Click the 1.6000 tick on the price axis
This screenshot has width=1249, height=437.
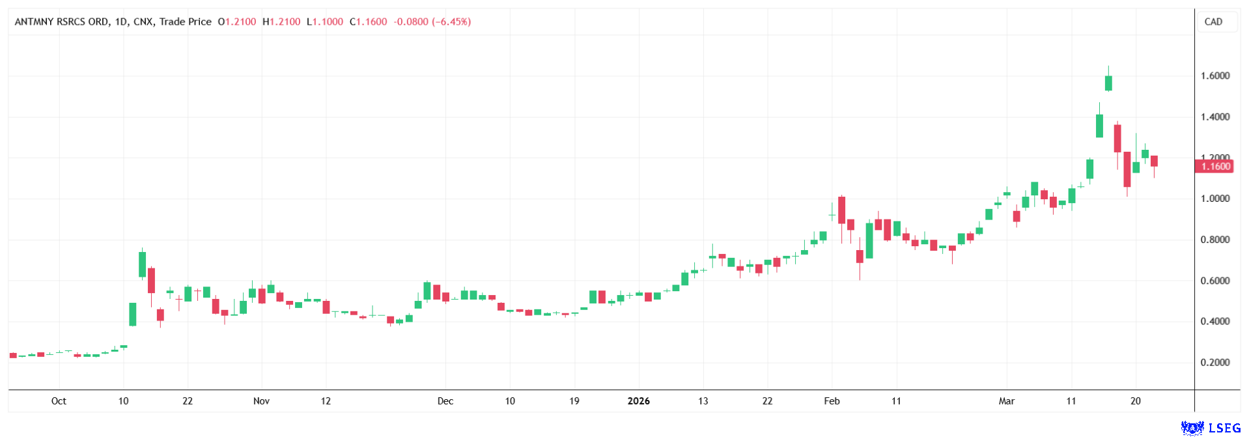click(1214, 76)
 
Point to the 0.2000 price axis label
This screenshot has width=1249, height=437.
click(1214, 363)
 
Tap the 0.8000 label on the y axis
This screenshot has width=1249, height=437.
click(1214, 240)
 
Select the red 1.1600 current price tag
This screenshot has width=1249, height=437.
click(1215, 167)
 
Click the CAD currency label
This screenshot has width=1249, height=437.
click(1213, 21)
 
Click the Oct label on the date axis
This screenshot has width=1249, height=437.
click(59, 401)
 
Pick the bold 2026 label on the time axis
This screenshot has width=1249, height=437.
click(638, 401)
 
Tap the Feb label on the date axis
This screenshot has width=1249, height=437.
click(832, 401)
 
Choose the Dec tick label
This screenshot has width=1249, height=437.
click(445, 401)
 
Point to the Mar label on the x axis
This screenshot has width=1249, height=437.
click(1007, 401)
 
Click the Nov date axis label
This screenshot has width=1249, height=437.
click(261, 401)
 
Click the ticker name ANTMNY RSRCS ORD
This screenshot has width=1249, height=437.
click(62, 21)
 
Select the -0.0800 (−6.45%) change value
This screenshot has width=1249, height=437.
click(432, 21)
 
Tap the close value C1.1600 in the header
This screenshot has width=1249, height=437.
click(369, 21)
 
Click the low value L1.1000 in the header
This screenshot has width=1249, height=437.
click(325, 21)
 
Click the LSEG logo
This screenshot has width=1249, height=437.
click(1211, 428)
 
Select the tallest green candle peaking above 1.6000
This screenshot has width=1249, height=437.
click(1108, 83)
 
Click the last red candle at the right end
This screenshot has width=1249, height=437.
click(1154, 161)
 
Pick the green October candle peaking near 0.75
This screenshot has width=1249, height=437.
click(142, 264)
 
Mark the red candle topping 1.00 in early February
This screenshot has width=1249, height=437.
click(841, 210)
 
